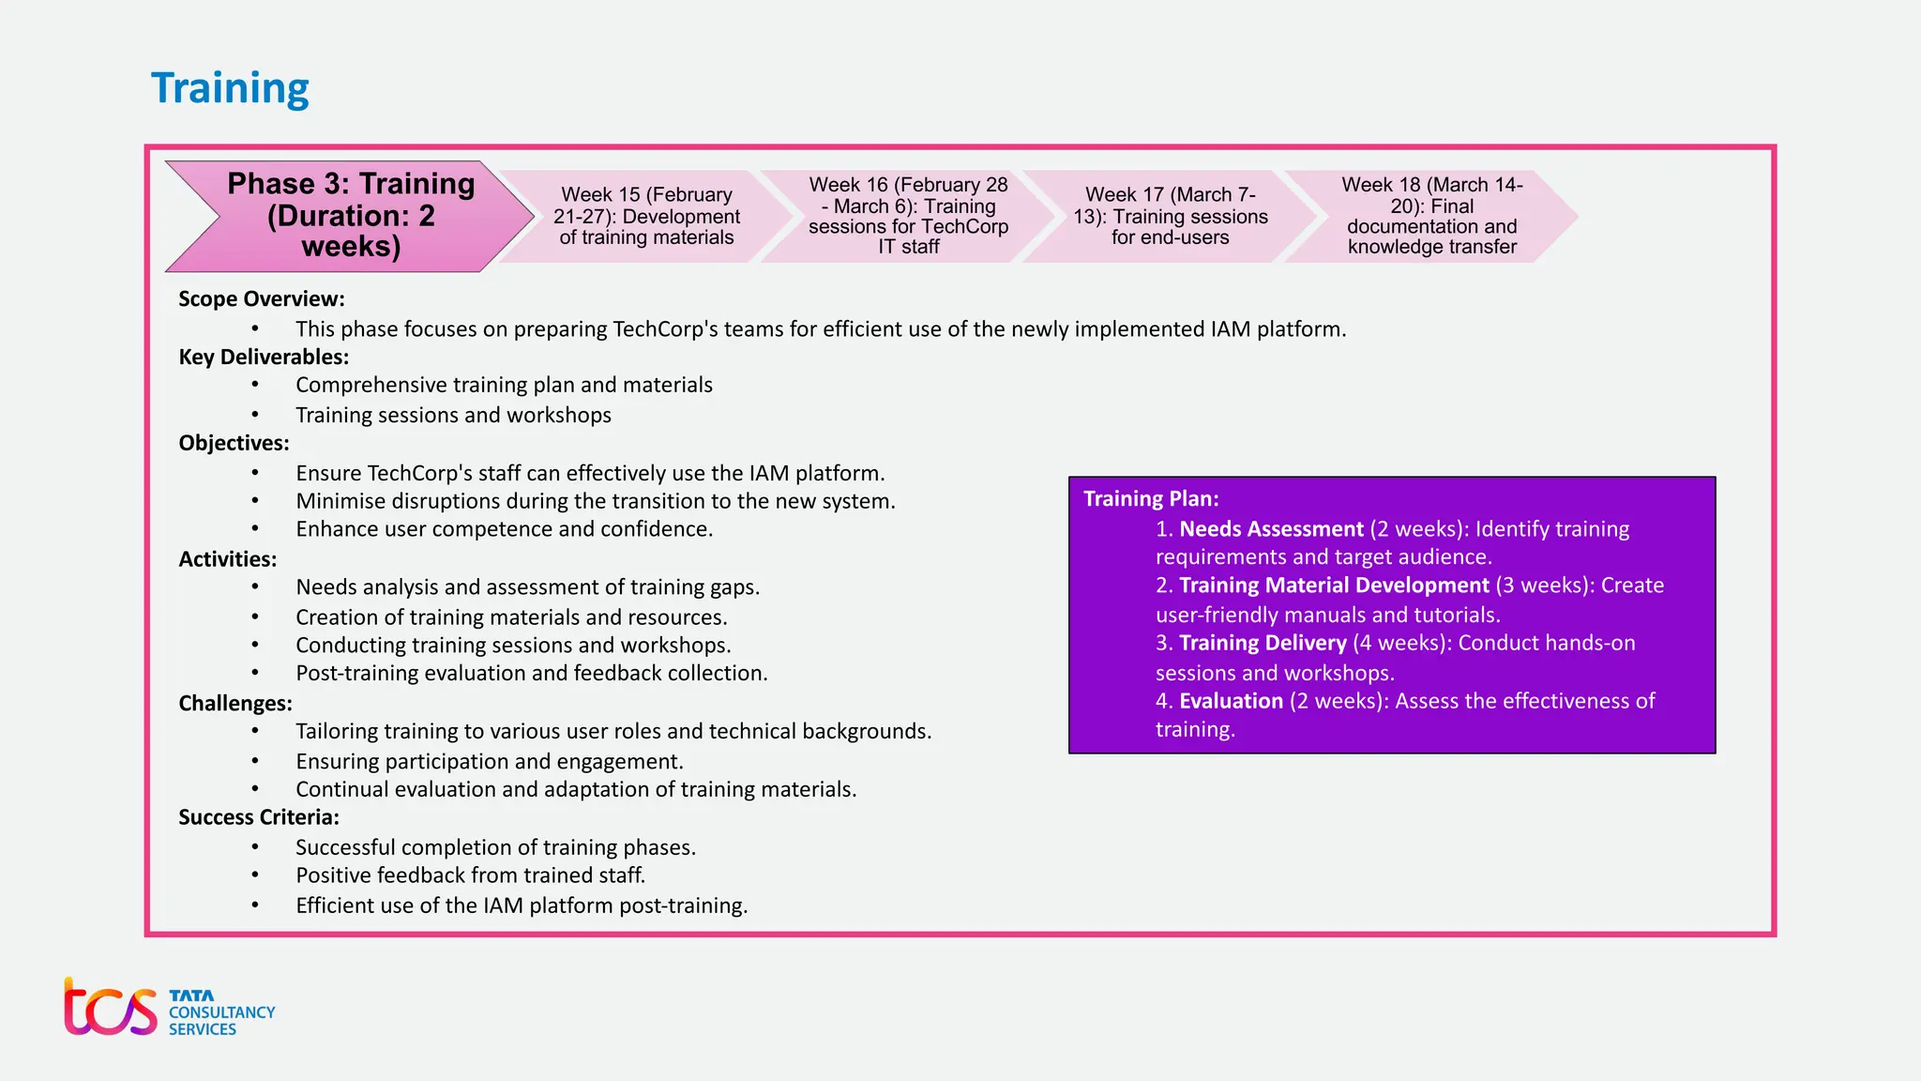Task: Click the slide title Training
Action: [230, 88]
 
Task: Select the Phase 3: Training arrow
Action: [351, 215]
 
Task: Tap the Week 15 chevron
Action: [646, 216]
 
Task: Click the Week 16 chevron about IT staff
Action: [908, 216]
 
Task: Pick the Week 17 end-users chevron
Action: [1170, 216]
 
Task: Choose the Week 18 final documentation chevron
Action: [1431, 216]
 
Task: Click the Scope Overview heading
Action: [262, 299]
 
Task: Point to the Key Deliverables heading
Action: [264, 358]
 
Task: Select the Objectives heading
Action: [234, 443]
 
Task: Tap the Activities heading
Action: [228, 559]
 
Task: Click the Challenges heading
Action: [235, 704]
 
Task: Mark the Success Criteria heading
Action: [259, 817]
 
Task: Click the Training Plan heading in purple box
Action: [1151, 499]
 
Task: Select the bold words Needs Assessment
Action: [1271, 529]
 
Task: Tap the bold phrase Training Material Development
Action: [1334, 586]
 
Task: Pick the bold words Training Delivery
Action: [1263, 644]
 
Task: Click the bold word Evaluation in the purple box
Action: [1231, 701]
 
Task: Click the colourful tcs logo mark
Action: [110, 1008]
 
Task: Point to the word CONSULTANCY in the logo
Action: [222, 1012]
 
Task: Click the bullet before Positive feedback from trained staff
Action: [255, 875]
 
